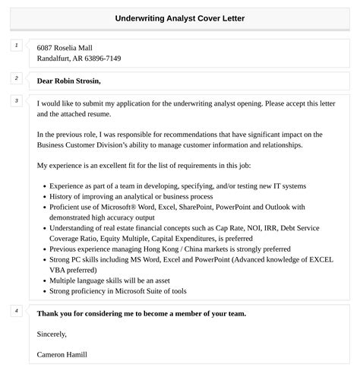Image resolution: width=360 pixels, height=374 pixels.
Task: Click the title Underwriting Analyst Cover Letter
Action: click(x=180, y=17)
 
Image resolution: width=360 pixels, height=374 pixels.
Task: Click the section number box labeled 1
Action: click(x=17, y=46)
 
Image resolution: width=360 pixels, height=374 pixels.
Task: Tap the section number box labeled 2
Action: click(x=17, y=78)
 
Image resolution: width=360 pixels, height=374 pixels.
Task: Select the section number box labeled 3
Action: click(x=17, y=101)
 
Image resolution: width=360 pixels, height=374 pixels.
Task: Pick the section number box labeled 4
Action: click(x=17, y=311)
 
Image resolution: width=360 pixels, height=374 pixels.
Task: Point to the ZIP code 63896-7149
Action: click(x=101, y=59)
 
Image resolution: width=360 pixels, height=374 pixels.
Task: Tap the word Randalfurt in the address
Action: click(x=56, y=59)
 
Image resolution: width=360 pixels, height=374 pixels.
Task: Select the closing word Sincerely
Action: click(x=52, y=334)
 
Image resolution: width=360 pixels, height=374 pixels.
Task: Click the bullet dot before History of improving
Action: click(x=43, y=196)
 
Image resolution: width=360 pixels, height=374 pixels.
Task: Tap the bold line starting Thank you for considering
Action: click(x=141, y=313)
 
